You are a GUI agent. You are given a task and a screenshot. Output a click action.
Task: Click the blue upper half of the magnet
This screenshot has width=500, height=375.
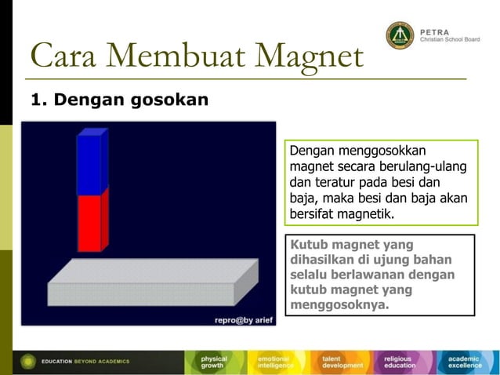pyautogui.click(x=90, y=162)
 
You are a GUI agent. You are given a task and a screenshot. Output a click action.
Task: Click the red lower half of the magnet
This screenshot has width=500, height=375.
pyautogui.click(x=90, y=223)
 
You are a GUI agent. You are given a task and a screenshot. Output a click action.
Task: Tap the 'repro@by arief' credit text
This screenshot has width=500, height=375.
pyautogui.click(x=244, y=319)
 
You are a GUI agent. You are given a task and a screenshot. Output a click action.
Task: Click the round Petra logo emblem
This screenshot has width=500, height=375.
pyautogui.click(x=400, y=35)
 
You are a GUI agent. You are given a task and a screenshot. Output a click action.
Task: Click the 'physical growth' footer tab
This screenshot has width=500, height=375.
pyautogui.click(x=214, y=362)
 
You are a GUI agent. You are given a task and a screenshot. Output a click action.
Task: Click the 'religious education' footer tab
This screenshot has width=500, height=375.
pyautogui.click(x=402, y=362)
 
